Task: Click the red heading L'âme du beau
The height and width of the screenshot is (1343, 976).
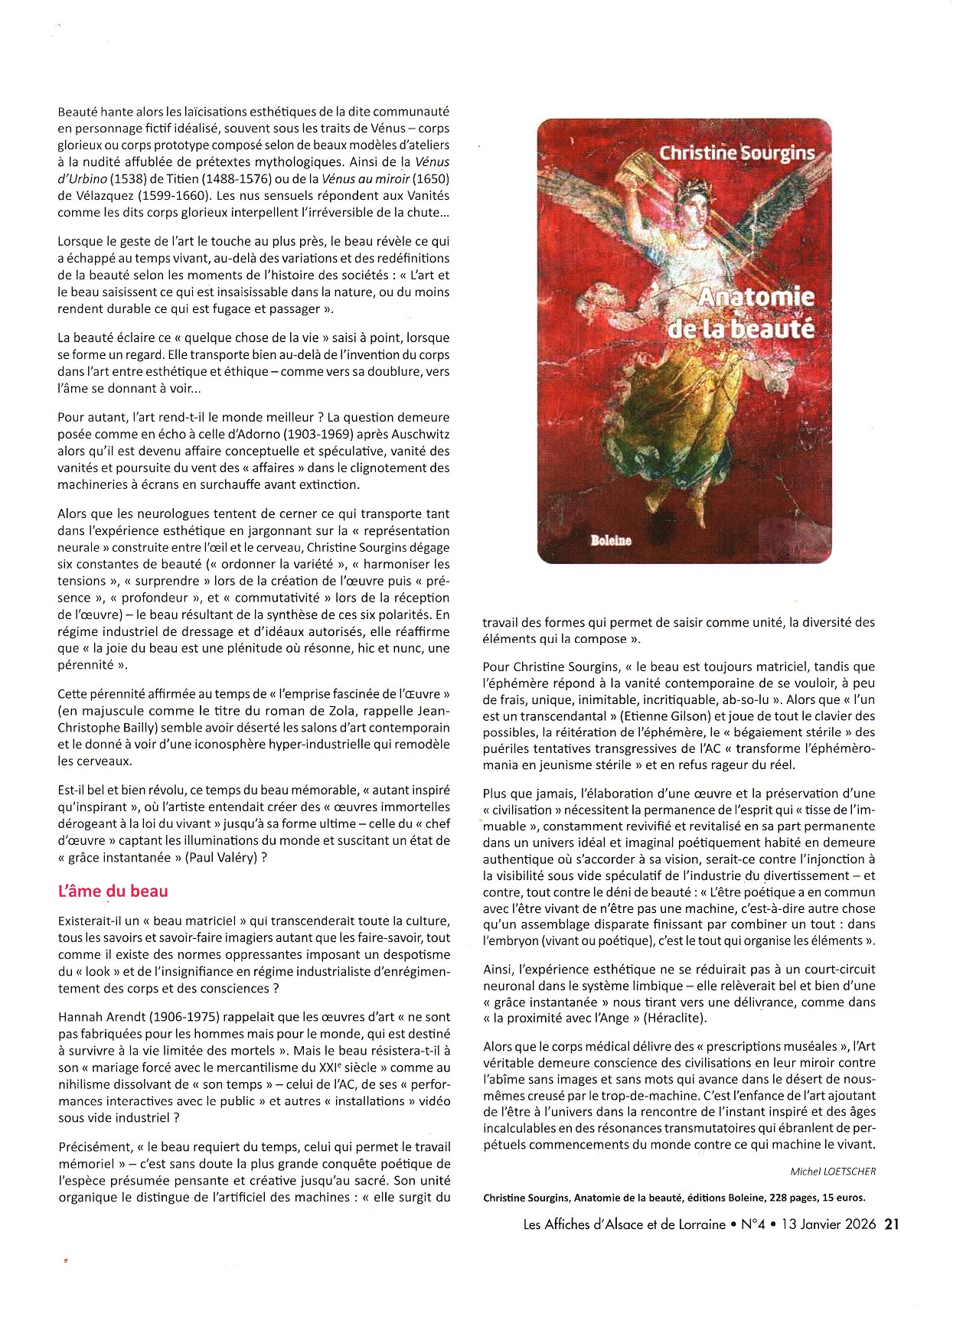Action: point(113,891)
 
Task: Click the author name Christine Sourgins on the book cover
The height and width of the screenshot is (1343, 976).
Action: point(736,153)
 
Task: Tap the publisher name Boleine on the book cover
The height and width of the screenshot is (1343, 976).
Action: point(611,540)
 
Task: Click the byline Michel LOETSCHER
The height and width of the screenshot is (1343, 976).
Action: point(833,1172)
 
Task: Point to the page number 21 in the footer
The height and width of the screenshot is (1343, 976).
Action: point(891,1224)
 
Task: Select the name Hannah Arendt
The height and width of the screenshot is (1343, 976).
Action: point(101,1017)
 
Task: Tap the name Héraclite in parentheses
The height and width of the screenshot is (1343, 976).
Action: point(674,1019)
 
